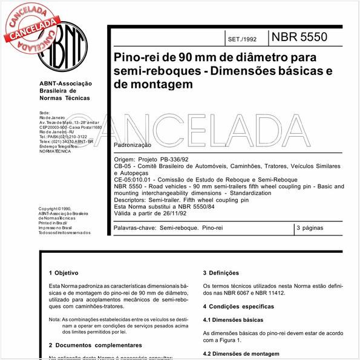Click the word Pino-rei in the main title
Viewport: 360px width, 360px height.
coord(137,59)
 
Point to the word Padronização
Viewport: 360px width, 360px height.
coord(133,146)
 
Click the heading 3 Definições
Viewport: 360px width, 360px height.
coord(221,273)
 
